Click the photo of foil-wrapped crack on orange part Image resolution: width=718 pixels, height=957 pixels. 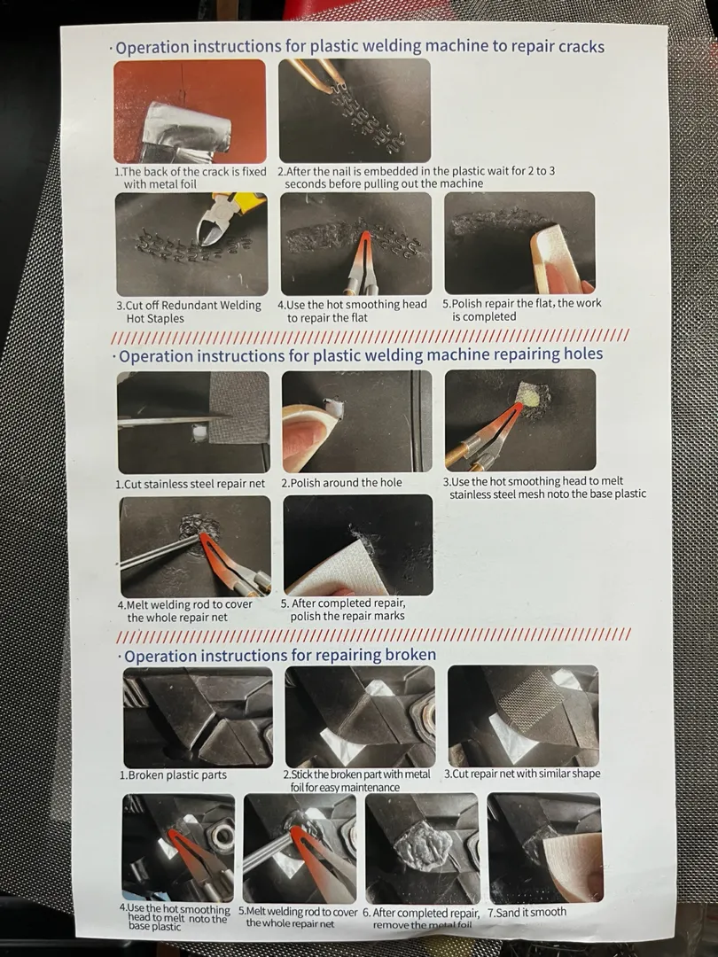coord(190,111)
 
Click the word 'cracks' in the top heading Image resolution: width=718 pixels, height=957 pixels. coord(573,46)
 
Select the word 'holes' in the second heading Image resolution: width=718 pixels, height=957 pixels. coord(574,354)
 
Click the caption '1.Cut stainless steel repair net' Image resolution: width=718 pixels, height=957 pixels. coord(191,484)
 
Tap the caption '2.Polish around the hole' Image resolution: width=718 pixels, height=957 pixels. coord(342,483)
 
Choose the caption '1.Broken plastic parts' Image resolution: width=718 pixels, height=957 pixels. coord(174,775)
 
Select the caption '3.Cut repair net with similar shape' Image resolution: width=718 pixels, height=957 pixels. coord(522,774)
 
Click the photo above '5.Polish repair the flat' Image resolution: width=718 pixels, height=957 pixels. coord(519,243)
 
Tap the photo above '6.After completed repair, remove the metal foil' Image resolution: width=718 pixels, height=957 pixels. coord(423,848)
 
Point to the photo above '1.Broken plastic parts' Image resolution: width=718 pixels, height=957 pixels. coord(198,717)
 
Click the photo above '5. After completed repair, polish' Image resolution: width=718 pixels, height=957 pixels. coord(358,545)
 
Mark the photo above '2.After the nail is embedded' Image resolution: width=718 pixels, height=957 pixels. coord(355,111)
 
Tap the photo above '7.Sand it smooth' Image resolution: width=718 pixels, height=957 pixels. coord(544,848)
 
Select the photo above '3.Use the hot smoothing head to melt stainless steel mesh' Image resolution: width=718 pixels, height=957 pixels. coord(520,420)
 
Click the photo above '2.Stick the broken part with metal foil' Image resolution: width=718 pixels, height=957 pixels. coord(360,717)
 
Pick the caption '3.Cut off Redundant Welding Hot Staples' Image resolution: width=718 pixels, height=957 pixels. coord(189,312)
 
